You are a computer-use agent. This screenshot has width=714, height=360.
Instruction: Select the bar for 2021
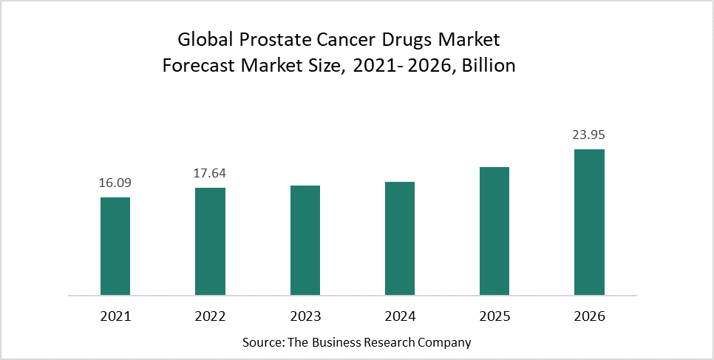[x=115, y=246]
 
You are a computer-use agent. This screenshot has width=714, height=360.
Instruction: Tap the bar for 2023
[x=305, y=240]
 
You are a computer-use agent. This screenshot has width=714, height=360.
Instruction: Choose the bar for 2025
[x=494, y=231]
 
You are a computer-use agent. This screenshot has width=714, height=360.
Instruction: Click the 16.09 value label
[x=115, y=183]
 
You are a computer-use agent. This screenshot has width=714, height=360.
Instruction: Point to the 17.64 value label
[x=210, y=174]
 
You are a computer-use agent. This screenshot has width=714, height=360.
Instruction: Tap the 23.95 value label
[x=589, y=135]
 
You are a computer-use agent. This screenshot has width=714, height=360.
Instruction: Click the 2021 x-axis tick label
[x=115, y=316]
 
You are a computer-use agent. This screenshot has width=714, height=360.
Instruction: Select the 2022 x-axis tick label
[x=210, y=316]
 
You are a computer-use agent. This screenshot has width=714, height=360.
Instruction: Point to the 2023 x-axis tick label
[x=305, y=316]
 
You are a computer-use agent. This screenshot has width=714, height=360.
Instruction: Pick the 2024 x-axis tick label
[x=400, y=316]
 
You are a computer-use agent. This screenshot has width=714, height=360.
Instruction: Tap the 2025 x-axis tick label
[x=494, y=316]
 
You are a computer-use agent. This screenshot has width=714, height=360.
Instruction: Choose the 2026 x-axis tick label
[x=589, y=316]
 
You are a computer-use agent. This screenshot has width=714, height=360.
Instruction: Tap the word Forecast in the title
[x=197, y=66]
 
